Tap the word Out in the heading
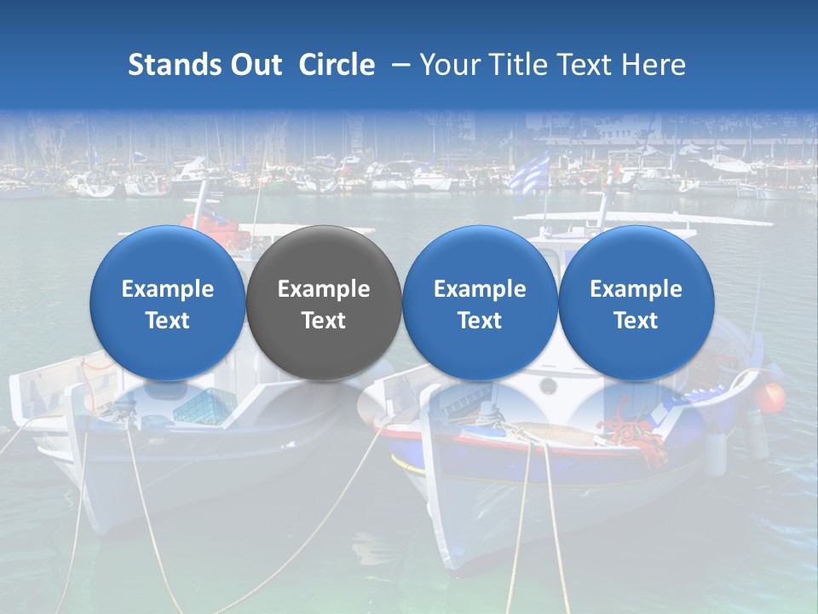click(x=256, y=65)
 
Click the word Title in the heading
click(x=517, y=65)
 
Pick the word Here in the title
click(x=654, y=65)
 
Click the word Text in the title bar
click(x=589, y=65)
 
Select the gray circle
click(x=324, y=303)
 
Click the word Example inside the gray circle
click(x=324, y=289)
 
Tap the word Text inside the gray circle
click(x=324, y=321)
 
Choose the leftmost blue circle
click(x=168, y=303)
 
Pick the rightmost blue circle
click(x=637, y=303)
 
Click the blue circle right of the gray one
click(x=480, y=303)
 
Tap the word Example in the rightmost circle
click(x=637, y=289)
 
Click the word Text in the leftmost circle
click(x=168, y=321)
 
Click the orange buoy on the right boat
click(x=772, y=397)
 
